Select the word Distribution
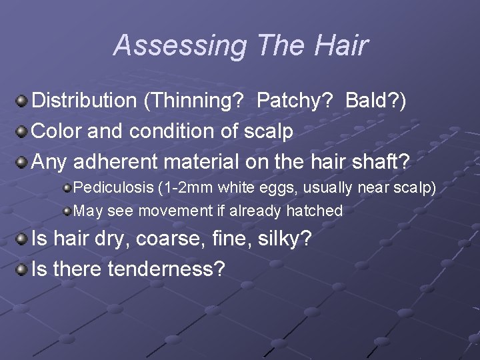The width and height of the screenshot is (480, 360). pos(84,101)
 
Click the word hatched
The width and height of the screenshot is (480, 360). pos(314,211)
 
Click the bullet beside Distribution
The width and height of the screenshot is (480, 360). pos(22,101)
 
